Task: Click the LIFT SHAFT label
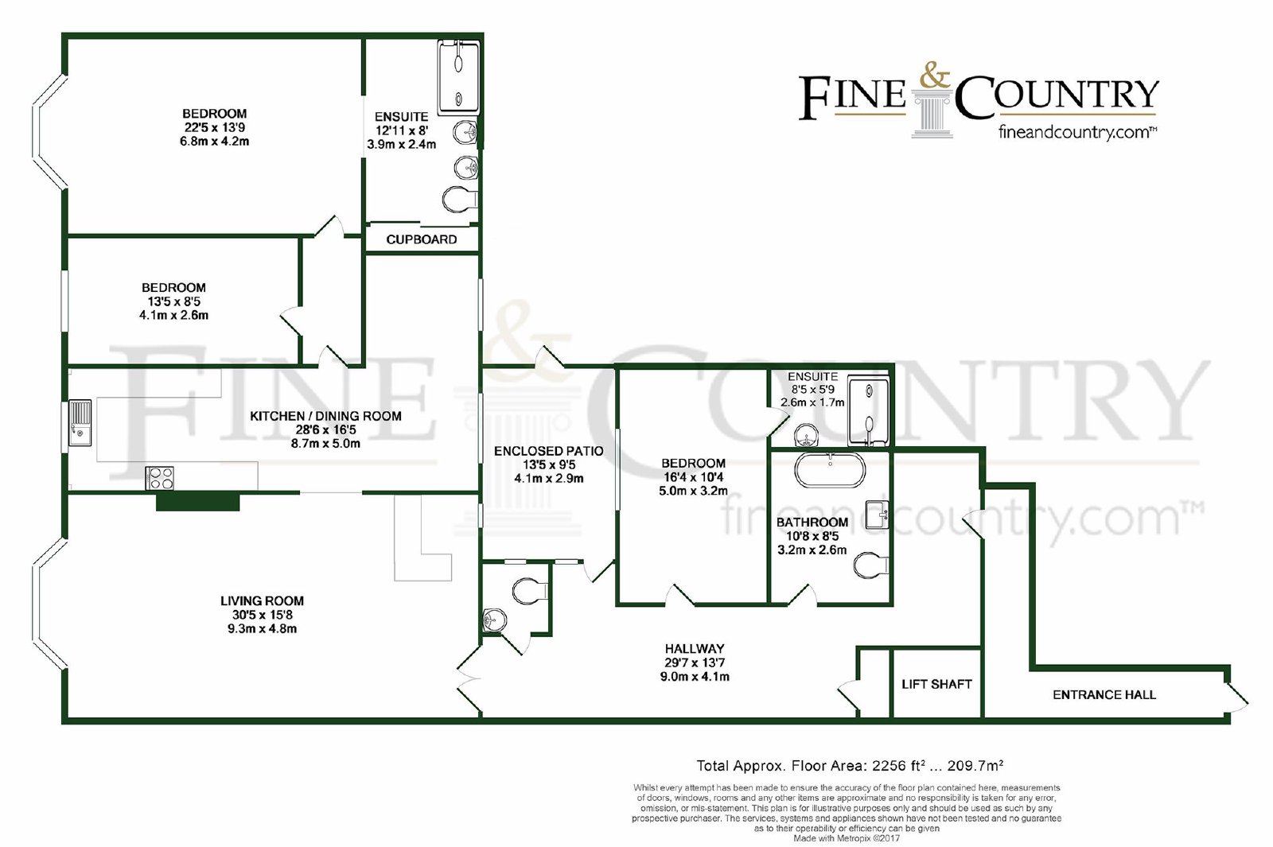point(936,684)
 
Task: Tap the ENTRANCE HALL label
point(1104,695)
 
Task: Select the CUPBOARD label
point(421,239)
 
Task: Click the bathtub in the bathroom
point(830,470)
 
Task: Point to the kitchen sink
point(80,423)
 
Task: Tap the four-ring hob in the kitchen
point(160,478)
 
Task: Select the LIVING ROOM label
point(262,601)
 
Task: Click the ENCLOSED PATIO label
point(548,451)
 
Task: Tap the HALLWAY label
point(695,649)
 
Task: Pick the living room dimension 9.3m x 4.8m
point(262,629)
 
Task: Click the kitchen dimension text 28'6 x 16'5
point(325,430)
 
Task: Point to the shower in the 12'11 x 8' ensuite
point(458,78)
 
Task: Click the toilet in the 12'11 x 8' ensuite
point(460,200)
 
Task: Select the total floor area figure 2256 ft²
point(896,766)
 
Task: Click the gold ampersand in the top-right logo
point(934,76)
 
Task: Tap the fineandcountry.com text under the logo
point(1078,133)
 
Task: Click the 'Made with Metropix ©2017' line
point(847,838)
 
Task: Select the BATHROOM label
point(812,522)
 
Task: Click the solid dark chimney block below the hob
point(198,502)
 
